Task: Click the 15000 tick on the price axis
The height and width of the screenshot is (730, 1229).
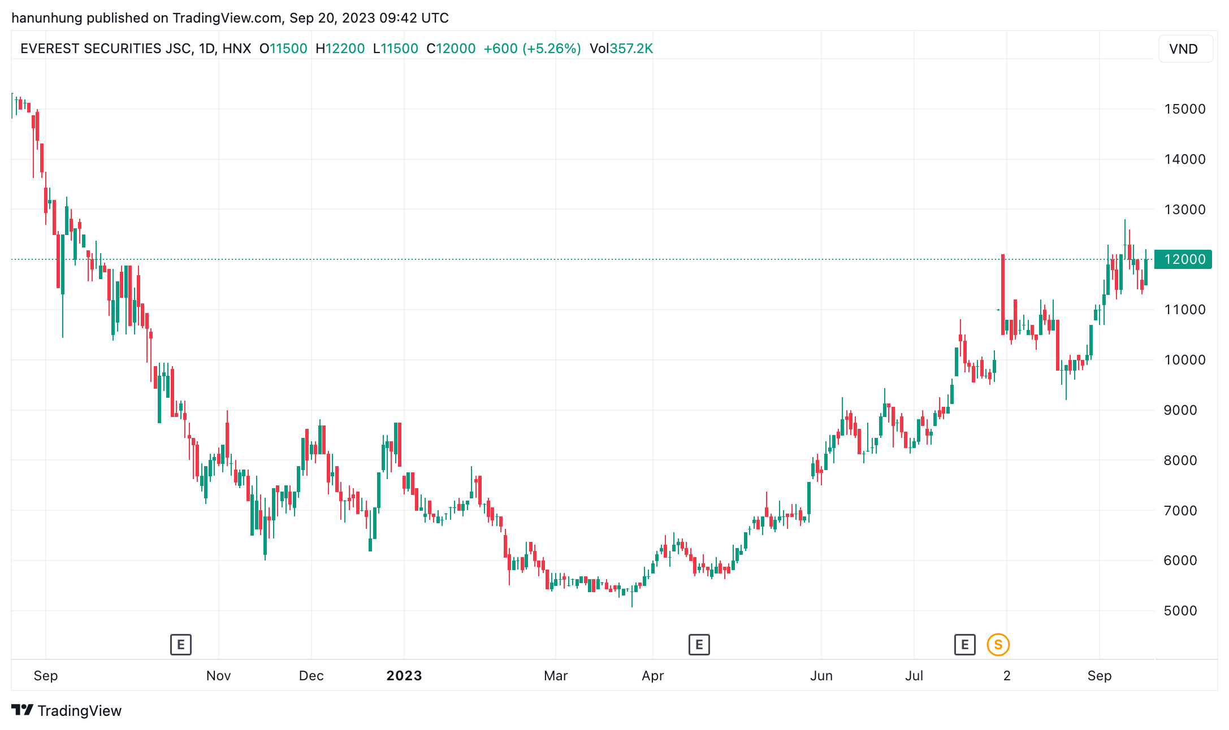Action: (x=1184, y=109)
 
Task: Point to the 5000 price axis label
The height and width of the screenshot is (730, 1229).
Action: (x=1180, y=611)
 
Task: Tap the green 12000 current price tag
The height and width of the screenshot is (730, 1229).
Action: (x=1183, y=259)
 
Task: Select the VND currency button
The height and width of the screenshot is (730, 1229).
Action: (x=1183, y=49)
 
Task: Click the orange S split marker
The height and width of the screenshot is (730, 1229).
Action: (x=998, y=645)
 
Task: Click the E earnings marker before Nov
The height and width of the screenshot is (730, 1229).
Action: (x=181, y=645)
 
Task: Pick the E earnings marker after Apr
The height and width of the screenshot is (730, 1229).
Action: (x=699, y=645)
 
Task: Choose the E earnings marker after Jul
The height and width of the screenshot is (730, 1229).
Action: (x=964, y=645)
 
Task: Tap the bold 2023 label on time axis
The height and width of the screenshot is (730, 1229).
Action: (x=404, y=676)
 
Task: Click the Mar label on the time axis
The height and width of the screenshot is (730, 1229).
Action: (x=556, y=676)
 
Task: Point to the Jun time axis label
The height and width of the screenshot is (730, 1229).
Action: (x=821, y=676)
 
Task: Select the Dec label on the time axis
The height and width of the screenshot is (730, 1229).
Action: (x=311, y=676)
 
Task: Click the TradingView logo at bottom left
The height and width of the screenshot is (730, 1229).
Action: (x=67, y=711)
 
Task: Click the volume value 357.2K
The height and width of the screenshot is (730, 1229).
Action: (x=631, y=49)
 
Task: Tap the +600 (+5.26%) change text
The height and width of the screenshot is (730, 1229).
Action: (x=532, y=49)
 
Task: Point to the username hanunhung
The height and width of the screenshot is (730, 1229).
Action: (x=47, y=18)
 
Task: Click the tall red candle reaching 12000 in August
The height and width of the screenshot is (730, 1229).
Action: (x=1003, y=294)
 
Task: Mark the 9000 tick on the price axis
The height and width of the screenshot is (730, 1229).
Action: (x=1180, y=410)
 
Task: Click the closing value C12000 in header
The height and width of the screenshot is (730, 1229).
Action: (x=451, y=49)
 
